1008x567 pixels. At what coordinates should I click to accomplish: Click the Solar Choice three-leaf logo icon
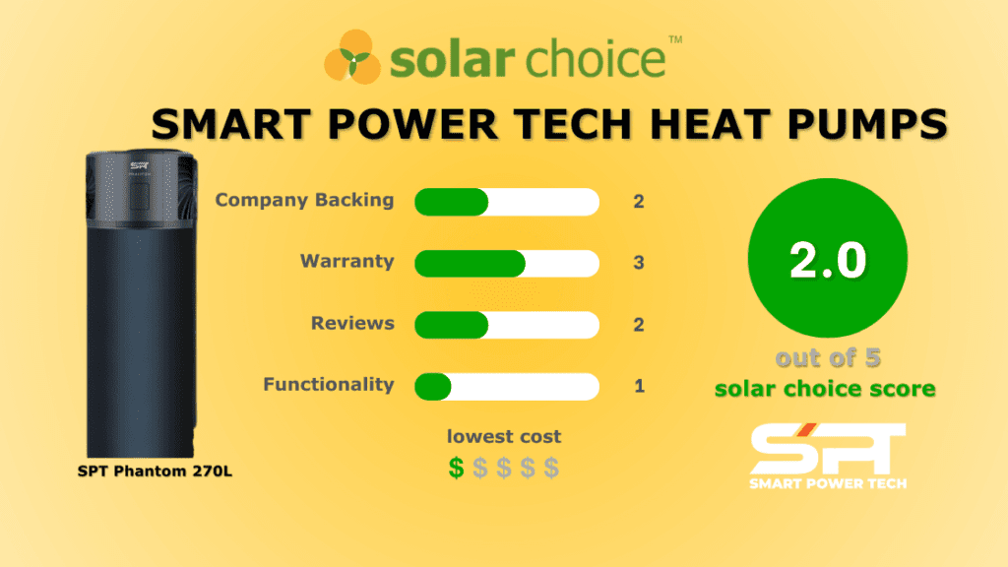(x=352, y=58)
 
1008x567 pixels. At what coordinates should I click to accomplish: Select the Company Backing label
(x=304, y=200)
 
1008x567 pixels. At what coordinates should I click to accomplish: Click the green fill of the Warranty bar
(x=470, y=264)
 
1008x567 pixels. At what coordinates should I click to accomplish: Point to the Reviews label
(x=352, y=323)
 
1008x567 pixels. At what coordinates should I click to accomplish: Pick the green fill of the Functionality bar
(x=433, y=386)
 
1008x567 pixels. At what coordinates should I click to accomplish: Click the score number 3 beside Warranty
(x=639, y=263)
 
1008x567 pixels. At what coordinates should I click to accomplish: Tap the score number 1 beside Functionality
(x=639, y=386)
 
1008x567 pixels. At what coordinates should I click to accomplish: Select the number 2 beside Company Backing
(x=639, y=202)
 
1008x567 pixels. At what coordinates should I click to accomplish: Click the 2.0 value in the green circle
(x=827, y=261)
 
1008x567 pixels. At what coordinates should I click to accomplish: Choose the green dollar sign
(x=456, y=468)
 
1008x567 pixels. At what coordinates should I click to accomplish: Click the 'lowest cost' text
(x=504, y=436)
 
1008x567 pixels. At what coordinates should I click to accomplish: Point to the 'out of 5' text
(x=826, y=357)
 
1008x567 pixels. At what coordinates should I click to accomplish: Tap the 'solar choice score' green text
(x=825, y=388)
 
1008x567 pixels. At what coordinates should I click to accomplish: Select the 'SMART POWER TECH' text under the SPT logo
(x=827, y=482)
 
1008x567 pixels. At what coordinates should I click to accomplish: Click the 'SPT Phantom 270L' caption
(x=155, y=471)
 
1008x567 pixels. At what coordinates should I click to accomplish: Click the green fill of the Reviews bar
(x=451, y=325)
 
